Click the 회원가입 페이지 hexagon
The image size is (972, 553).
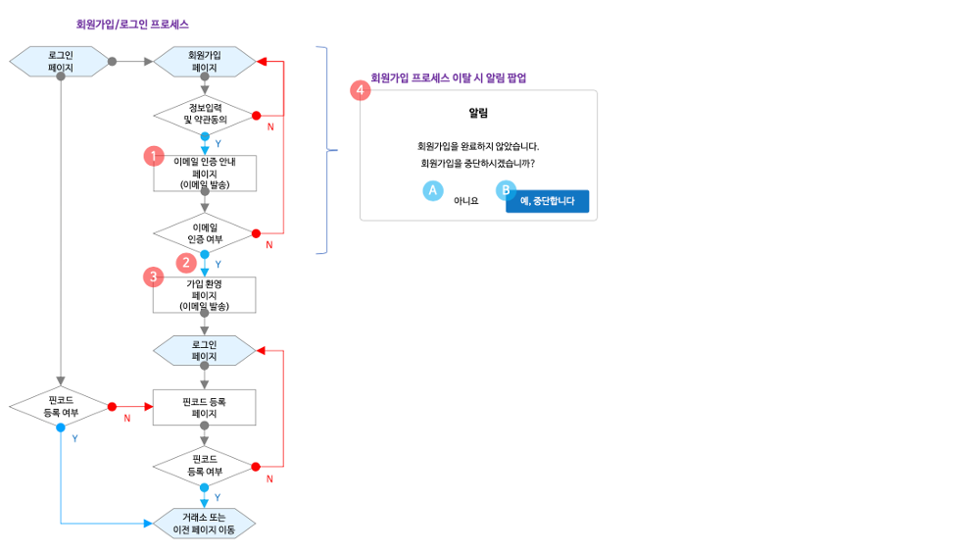[x=205, y=62]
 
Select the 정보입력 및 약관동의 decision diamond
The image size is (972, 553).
[x=205, y=114]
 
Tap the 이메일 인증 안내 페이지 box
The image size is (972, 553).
[x=205, y=173]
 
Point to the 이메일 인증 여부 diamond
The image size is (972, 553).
[x=205, y=233]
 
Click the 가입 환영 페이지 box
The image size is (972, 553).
[x=205, y=294]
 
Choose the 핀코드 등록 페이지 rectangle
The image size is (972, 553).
[x=205, y=408]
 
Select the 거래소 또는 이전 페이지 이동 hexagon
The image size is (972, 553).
[x=205, y=524]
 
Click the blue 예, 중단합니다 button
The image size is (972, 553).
[x=547, y=201]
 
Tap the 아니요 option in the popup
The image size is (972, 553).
[x=465, y=201]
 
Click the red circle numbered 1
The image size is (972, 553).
[x=153, y=156]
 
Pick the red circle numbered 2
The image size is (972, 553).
[x=185, y=262]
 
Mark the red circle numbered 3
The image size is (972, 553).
[x=153, y=276]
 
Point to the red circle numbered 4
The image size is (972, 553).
[x=361, y=90]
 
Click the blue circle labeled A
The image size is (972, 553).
[x=432, y=191]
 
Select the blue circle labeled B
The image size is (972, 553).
[x=506, y=189]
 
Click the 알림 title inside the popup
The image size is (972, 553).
[x=478, y=114]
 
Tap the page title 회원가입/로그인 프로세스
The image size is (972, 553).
[x=132, y=24]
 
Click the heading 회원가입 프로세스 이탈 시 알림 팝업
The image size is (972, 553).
[x=448, y=77]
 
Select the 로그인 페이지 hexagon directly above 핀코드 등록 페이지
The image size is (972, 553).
[x=205, y=350]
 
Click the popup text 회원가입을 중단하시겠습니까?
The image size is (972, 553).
[x=478, y=163]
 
